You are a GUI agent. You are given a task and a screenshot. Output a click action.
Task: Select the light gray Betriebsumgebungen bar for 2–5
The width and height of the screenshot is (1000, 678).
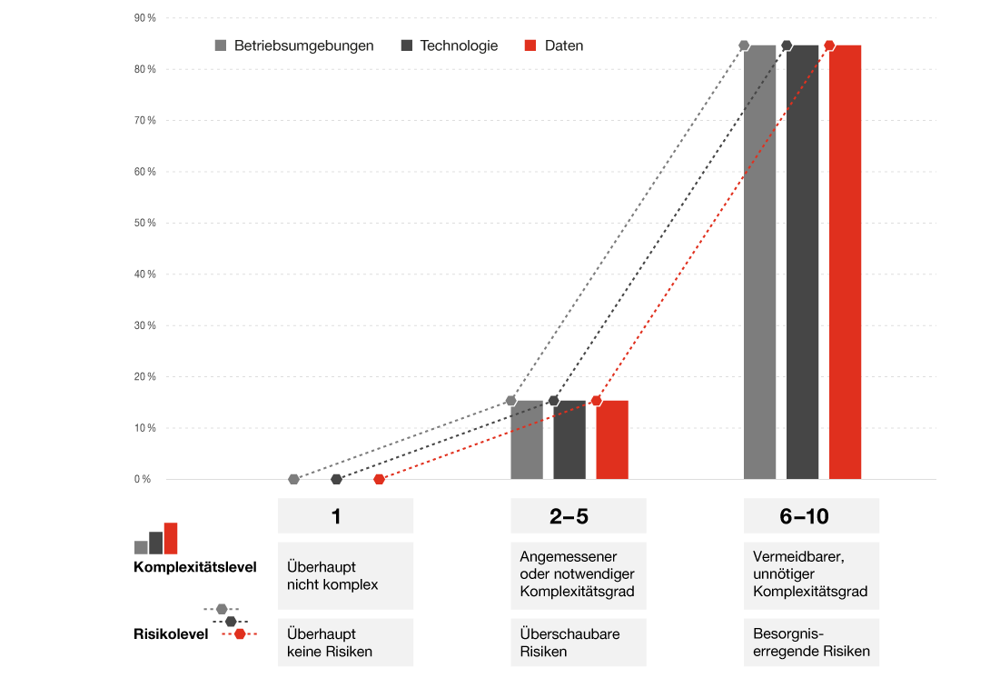[x=527, y=440]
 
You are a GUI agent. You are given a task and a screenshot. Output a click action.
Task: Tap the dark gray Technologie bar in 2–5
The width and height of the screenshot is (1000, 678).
[x=569, y=440]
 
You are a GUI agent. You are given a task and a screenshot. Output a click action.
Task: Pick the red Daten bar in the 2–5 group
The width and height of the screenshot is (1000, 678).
[x=612, y=440]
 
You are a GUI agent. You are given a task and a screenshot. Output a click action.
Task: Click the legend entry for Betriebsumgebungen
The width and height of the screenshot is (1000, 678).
[x=294, y=45]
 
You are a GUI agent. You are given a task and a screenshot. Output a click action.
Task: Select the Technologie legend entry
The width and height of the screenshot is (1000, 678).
[x=450, y=45]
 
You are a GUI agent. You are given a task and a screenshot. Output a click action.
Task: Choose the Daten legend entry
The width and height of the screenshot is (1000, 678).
[x=554, y=45]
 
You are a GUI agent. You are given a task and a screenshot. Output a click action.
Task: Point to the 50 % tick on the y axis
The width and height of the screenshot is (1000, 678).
[x=145, y=223]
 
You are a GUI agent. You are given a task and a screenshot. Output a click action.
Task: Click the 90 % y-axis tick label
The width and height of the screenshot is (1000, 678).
[x=145, y=18]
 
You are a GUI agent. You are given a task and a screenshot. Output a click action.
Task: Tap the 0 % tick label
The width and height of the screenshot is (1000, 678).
[x=143, y=479]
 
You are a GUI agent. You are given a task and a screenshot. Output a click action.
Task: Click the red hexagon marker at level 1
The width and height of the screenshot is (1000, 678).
[x=380, y=479]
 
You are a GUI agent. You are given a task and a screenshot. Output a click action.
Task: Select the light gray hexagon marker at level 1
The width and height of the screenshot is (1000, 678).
[x=293, y=479]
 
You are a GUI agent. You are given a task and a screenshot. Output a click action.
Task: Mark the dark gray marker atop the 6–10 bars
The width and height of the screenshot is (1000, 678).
[x=787, y=45]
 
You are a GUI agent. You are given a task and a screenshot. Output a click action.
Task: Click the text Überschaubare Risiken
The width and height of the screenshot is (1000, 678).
[x=569, y=642]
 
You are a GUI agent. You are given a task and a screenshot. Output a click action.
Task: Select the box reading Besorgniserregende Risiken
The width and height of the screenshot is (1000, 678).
[x=811, y=642]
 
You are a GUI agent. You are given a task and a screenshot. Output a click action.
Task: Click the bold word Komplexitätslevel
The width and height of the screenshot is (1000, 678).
[x=195, y=567]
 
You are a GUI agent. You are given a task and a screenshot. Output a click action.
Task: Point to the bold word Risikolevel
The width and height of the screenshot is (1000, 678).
[x=171, y=634]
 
